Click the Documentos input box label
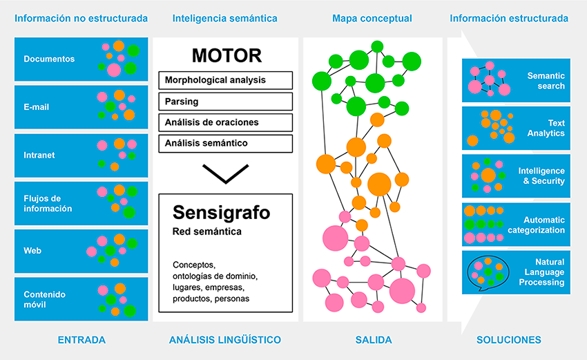pos(49,59)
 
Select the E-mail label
pos(37,107)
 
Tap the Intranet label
pos(39,155)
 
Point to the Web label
pos(32,251)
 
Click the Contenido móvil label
pos(45,299)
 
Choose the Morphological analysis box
pos(225,80)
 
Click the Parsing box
pos(225,102)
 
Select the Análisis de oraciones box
pos(225,122)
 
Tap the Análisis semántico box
pos(225,144)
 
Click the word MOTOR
pos(227,56)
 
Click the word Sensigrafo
pos(221,213)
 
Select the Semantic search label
pos(546,81)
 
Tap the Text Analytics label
pos(546,128)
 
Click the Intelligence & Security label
pos(541,176)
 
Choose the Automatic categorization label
pos(536,225)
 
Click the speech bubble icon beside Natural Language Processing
pos(488,273)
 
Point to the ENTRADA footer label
pos(81,340)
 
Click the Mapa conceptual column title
pos(372,19)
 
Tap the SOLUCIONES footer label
pos(509,340)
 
